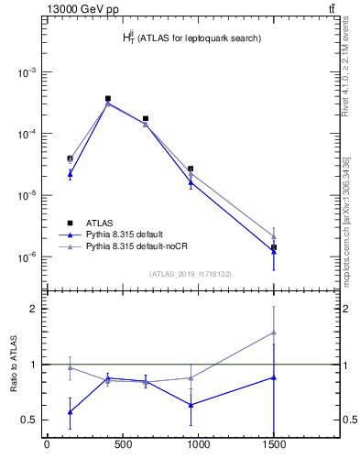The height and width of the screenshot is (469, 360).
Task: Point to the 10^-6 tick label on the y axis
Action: (x=27, y=257)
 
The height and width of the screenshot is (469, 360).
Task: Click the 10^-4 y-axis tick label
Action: (x=27, y=134)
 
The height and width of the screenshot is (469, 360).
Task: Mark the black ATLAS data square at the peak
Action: (x=108, y=98)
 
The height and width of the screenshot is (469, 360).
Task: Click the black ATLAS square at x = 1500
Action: (x=273, y=247)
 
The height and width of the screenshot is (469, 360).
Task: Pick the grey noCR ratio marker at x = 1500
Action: (x=273, y=333)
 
